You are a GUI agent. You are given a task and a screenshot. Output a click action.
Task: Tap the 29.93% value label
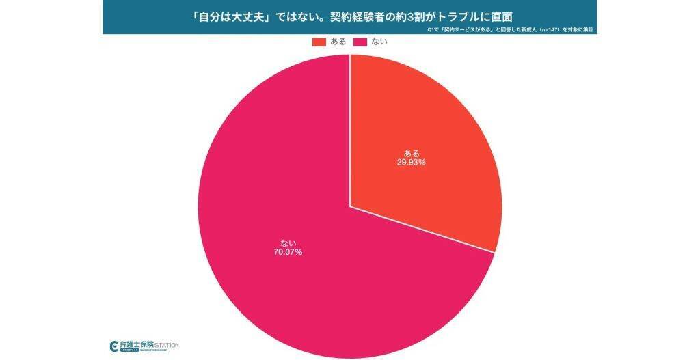click(412, 163)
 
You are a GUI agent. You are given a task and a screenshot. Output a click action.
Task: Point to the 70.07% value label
click(288, 252)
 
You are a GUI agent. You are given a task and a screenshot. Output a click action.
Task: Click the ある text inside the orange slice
click(412, 152)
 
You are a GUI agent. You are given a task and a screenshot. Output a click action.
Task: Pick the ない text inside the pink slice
click(288, 242)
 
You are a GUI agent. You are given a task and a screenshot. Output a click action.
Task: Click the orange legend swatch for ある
click(319, 42)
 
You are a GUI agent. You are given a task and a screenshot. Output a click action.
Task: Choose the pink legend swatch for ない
click(360, 42)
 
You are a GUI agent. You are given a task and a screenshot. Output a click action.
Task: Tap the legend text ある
click(338, 42)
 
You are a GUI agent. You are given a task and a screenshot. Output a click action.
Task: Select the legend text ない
click(379, 42)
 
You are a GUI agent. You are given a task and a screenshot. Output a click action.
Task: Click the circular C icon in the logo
click(114, 346)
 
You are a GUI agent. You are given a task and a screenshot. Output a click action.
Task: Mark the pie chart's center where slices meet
click(350, 206)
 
